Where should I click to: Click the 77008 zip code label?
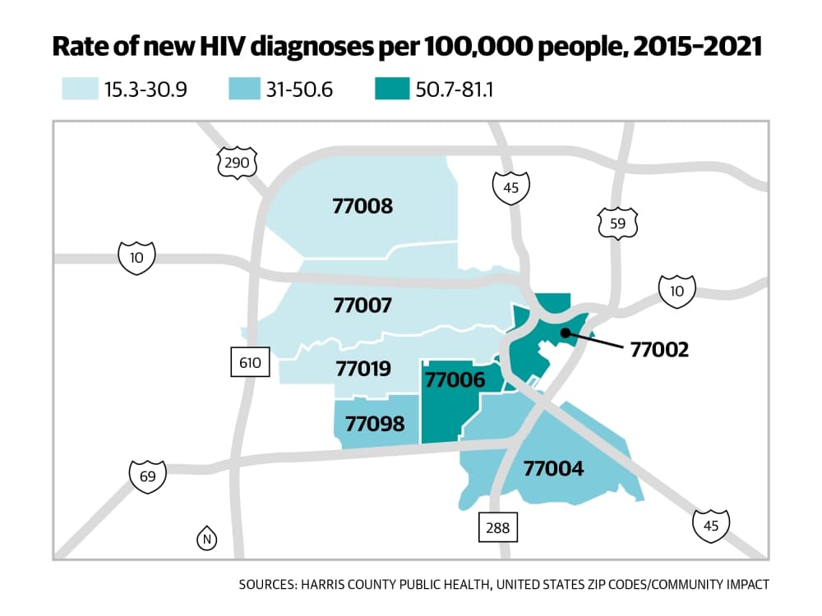(363, 206)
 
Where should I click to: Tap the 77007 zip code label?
(363, 305)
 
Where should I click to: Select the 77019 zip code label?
(363, 369)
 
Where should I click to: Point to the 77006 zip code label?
(455, 379)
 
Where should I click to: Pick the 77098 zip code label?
(375, 424)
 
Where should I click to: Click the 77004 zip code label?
(553, 468)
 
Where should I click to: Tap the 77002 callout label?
(659, 349)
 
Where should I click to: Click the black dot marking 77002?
(566, 333)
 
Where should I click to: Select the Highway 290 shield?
(237, 163)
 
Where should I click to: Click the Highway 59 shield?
(617, 223)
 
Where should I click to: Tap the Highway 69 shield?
(148, 476)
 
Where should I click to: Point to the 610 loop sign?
(250, 362)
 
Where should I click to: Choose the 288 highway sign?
(498, 527)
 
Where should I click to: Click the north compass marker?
(206, 539)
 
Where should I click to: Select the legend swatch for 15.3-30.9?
(81, 89)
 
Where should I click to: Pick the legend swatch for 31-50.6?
(244, 89)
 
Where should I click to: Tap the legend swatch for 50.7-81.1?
(392, 89)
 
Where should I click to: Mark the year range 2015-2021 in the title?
(697, 47)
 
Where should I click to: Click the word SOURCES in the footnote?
(267, 584)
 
